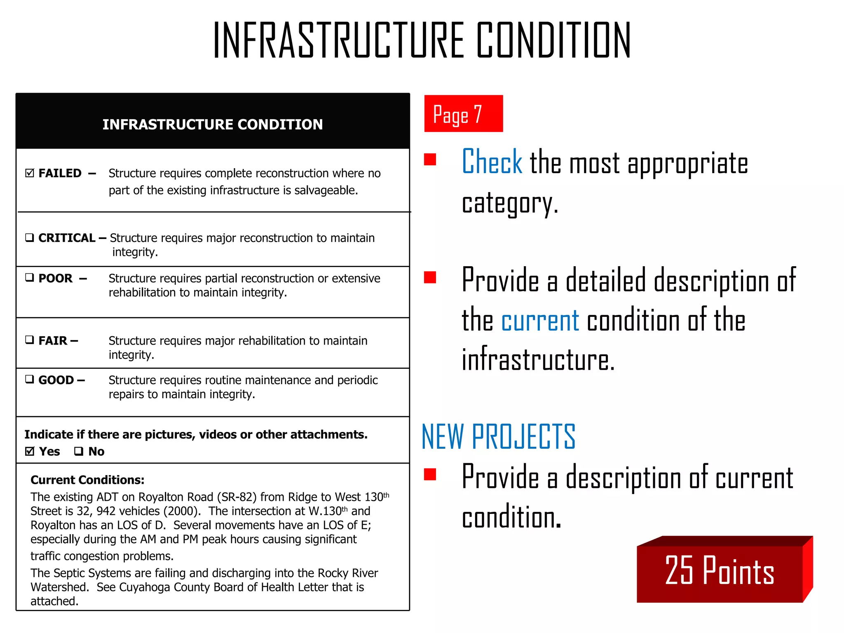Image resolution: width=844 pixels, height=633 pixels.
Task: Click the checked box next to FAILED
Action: coord(30,173)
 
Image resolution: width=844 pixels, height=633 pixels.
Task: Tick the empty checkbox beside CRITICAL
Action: coord(29,238)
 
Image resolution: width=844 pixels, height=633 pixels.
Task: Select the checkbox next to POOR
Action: coord(29,278)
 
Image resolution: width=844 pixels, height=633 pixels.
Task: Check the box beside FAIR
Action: coord(29,340)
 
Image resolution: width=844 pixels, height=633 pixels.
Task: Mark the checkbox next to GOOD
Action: coord(29,379)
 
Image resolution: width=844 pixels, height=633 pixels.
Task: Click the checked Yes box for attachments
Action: coord(30,451)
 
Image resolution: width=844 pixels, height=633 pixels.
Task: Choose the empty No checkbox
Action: coord(79,451)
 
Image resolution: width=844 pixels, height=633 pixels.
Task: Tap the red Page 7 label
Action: coord(463,114)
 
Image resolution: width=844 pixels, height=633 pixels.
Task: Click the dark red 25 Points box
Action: coord(720,571)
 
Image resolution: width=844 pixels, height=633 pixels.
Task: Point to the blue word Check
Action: coord(492,162)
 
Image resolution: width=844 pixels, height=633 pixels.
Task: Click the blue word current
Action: coord(540,321)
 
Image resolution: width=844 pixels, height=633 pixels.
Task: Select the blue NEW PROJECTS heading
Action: coord(498,437)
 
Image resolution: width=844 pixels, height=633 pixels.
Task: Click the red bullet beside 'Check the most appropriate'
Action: coord(430,159)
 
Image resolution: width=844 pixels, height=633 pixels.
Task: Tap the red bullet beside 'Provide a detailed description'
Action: coord(430,277)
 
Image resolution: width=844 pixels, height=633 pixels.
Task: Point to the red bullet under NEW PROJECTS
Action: coord(430,474)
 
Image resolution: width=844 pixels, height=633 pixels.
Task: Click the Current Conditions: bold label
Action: coord(87,480)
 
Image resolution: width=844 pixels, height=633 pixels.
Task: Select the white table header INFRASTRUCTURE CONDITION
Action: coord(213,124)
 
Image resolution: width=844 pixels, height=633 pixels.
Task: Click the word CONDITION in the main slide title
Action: coord(553,40)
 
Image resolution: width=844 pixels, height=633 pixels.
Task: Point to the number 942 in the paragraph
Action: coord(106,511)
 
